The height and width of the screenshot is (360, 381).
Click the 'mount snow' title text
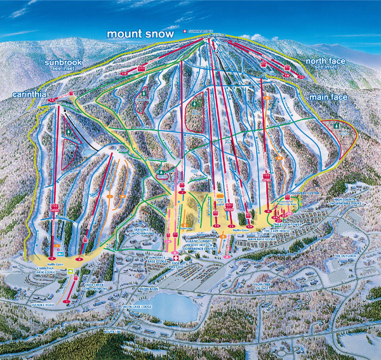click(141, 34)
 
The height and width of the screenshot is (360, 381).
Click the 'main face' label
click(328, 97)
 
